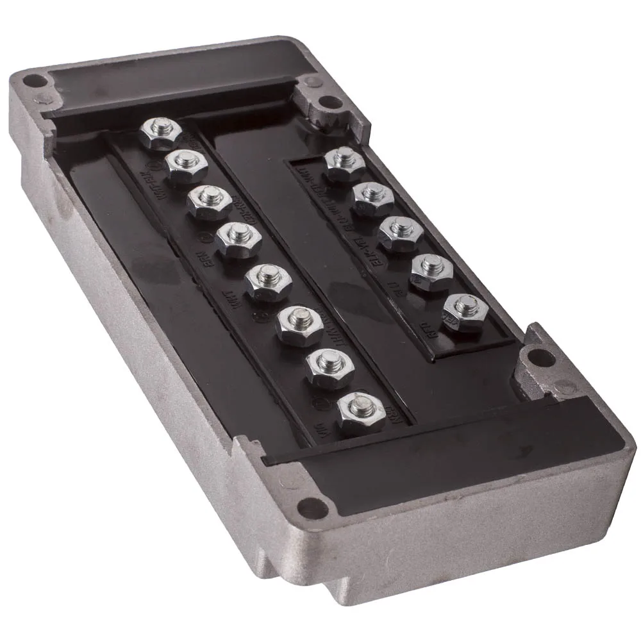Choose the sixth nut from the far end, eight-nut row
298,323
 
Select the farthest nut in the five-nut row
345,164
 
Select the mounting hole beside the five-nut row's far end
328,101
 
